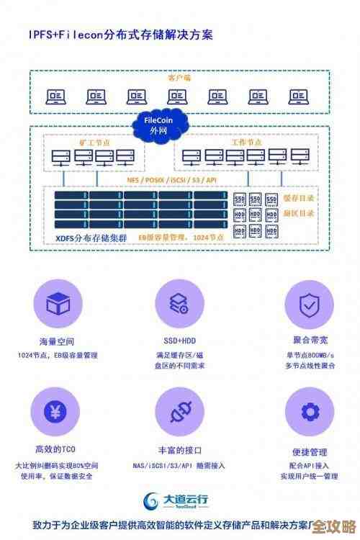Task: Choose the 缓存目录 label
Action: pos(298,198)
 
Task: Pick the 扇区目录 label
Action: pos(298,214)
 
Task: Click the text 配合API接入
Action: pos(310,465)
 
